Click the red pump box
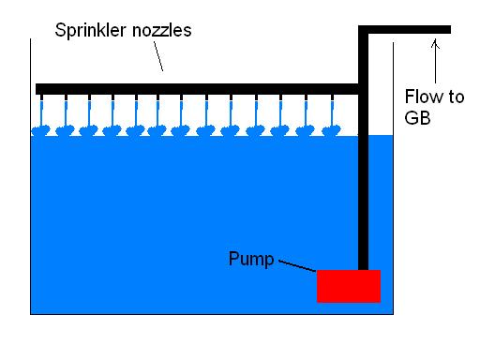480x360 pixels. click(348, 286)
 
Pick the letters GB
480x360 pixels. click(419, 119)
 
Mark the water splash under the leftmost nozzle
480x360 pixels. click(43, 130)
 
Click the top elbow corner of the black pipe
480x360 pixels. click(364, 31)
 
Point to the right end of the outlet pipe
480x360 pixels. click(448, 30)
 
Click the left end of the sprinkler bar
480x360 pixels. click(38, 89)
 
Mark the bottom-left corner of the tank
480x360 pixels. click(31, 314)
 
